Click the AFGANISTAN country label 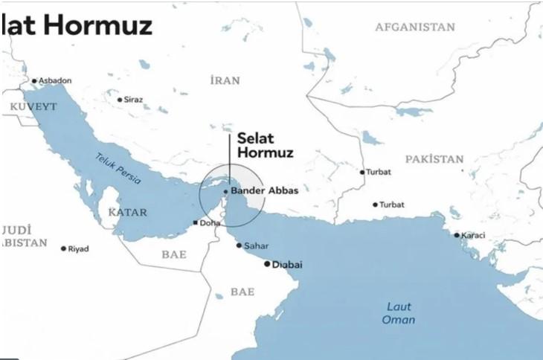(414, 28)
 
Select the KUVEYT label (33, 107)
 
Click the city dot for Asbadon (33, 81)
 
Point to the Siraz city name (134, 100)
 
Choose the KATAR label (127, 213)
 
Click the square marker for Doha (195, 222)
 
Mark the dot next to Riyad (63, 248)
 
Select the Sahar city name (257, 245)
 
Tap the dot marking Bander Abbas (225, 191)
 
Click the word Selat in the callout (254, 138)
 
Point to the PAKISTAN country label (434, 159)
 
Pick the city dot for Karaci (457, 236)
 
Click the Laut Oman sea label (399, 313)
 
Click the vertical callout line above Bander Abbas (229, 160)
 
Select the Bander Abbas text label (265, 191)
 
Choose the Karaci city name (474, 236)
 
